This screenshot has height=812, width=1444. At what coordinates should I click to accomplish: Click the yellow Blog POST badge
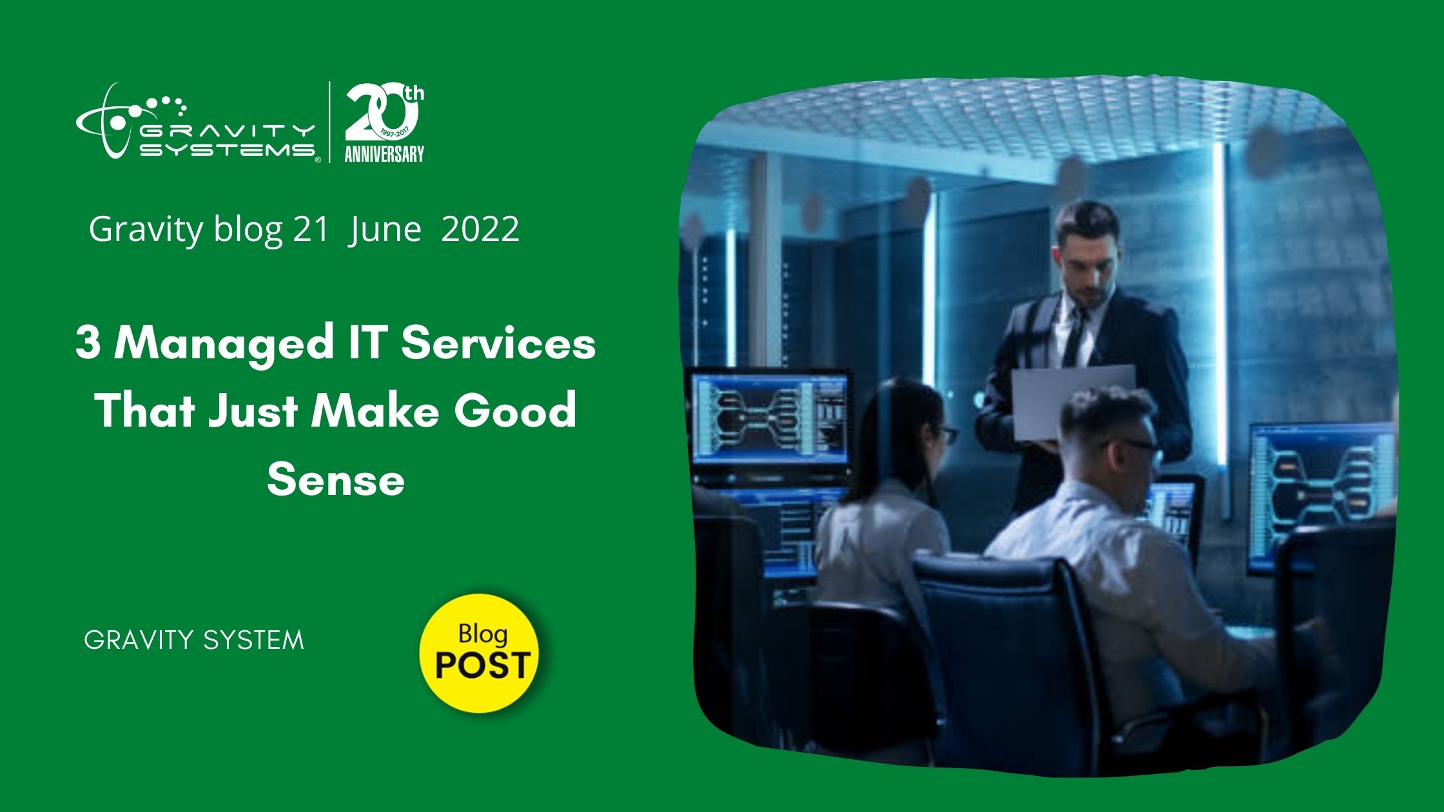[480, 652]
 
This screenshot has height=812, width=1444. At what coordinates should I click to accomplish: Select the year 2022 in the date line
[480, 229]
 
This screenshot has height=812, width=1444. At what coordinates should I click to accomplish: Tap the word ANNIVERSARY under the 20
[384, 154]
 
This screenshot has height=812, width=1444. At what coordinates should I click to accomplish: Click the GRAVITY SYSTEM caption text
[194, 641]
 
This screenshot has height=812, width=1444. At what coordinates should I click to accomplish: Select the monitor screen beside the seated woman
[770, 417]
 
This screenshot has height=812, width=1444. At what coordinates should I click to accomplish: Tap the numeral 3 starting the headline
[88, 343]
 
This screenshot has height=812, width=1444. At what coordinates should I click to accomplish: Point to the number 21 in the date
[311, 229]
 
